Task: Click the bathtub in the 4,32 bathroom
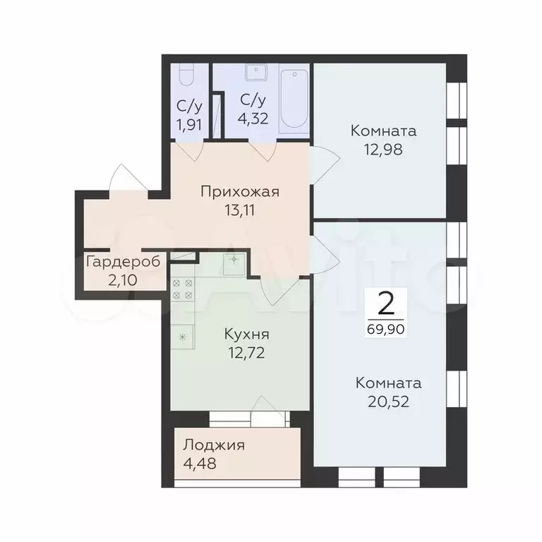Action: click(x=294, y=99)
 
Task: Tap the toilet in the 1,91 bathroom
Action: click(x=187, y=75)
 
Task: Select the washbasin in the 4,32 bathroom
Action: click(x=256, y=71)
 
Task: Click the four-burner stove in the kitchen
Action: click(x=183, y=289)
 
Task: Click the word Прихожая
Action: click(x=240, y=191)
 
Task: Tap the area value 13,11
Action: click(x=240, y=210)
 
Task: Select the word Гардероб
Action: click(x=124, y=263)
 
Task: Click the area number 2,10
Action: click(x=123, y=280)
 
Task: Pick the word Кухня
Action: click(x=246, y=335)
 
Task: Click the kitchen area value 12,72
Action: click(x=246, y=353)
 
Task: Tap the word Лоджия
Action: click(x=214, y=445)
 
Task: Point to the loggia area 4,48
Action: click(x=200, y=464)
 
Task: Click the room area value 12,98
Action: click(x=383, y=150)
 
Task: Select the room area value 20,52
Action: click(x=389, y=402)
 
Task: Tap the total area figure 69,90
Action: click(x=386, y=329)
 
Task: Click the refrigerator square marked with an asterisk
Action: click(x=183, y=337)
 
